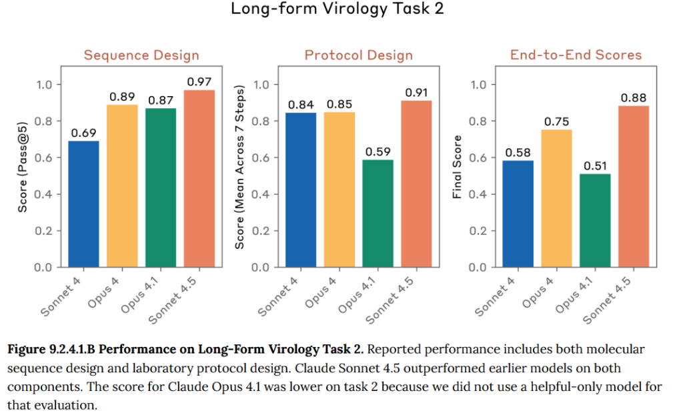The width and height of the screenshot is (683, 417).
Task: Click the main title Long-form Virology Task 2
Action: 337,9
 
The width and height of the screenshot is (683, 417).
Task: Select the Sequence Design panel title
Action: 141,55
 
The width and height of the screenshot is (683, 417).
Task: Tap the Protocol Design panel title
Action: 358,55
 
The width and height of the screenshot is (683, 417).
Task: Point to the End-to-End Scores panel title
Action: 576,55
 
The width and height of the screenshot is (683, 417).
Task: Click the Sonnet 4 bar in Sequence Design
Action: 84,203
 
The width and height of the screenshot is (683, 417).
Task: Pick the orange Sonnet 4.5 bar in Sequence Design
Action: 199,178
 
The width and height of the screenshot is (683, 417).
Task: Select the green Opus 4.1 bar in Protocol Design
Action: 377,213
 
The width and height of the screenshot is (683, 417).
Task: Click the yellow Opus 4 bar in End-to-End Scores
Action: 556,198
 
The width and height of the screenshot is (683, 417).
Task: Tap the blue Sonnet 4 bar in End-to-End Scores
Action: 518,214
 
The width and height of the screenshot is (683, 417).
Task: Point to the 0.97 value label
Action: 199,81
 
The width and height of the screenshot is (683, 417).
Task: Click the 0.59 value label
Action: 377,151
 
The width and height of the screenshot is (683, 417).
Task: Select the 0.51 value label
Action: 594,166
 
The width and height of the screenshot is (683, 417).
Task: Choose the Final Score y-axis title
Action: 458,167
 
